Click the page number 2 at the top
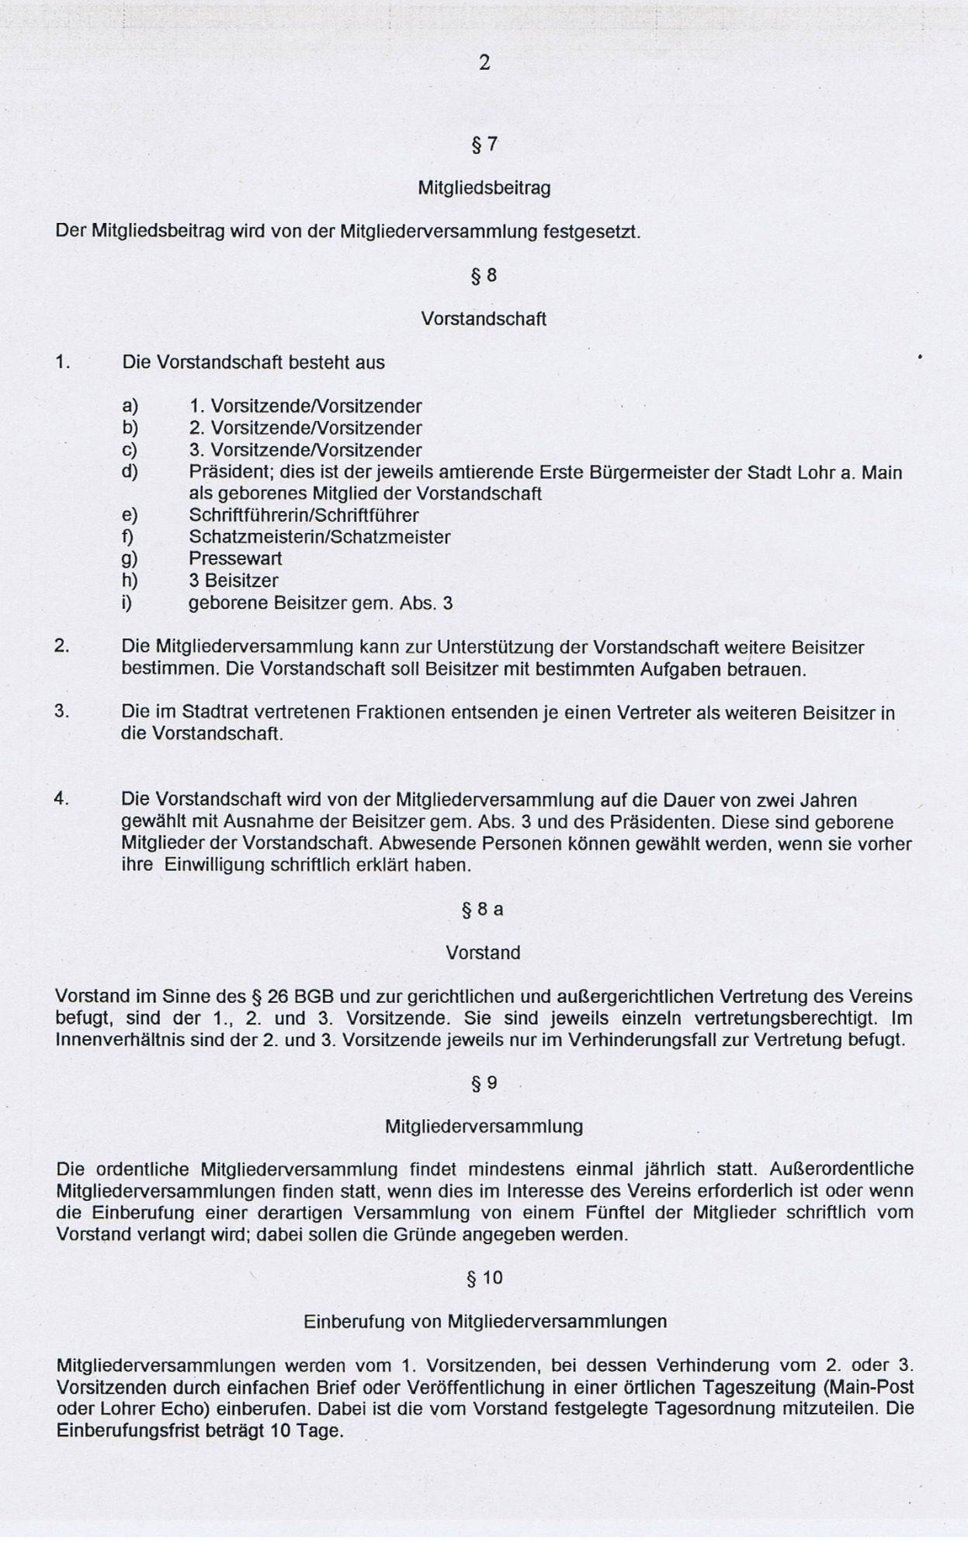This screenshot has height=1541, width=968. click(x=484, y=63)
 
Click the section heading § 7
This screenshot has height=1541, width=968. click(x=484, y=144)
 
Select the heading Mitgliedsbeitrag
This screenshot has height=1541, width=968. click(x=484, y=188)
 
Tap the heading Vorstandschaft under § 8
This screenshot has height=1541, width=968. click(x=484, y=319)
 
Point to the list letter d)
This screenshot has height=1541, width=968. click(x=130, y=472)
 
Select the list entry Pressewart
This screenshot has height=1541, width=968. click(x=235, y=558)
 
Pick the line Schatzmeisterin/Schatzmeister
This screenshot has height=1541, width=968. click(x=319, y=537)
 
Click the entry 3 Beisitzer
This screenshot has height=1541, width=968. click(x=233, y=580)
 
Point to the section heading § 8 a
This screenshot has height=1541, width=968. click(x=483, y=910)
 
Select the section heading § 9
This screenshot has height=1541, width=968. click(x=484, y=1084)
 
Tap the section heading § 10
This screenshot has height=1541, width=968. click(x=484, y=1278)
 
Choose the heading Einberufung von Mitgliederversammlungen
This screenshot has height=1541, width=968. click(x=484, y=1321)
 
